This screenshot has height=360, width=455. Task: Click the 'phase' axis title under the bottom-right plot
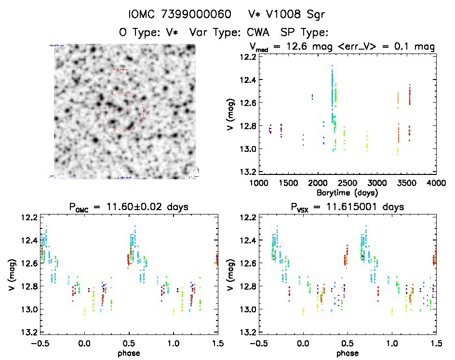point(347,352)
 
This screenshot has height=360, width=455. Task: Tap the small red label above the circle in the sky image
point(121,70)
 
